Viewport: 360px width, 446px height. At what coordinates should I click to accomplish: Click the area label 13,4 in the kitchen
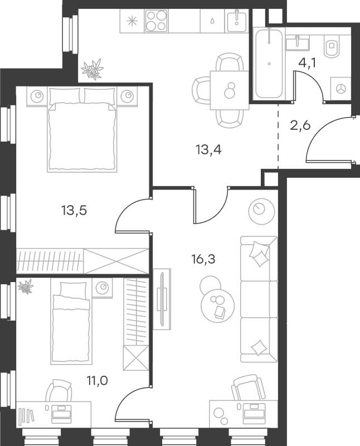pos(208,149)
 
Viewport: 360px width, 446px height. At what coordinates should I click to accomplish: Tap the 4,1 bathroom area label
pos(307,63)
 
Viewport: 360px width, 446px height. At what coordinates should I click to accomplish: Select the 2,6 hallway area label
pos(300,125)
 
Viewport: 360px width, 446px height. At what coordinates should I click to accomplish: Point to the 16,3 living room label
pos(203,259)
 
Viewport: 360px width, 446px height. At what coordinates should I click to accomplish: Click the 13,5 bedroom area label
pos(74,211)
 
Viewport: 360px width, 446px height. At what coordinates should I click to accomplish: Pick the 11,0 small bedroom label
pos(98,380)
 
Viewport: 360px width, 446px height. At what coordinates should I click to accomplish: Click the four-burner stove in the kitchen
pos(156,21)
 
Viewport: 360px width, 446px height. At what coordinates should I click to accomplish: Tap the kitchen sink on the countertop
pos(236,21)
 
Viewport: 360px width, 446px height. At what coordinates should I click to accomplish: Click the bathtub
pos(269,63)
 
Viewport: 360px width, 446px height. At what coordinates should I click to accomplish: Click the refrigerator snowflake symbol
pos(132,21)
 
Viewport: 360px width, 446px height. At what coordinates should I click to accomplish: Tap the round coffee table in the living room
pos(217,306)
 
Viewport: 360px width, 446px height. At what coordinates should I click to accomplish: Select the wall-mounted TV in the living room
pos(162,299)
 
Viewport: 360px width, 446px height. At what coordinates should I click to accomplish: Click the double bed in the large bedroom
pos(82,130)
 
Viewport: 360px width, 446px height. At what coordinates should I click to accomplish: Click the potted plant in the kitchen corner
pos(91,69)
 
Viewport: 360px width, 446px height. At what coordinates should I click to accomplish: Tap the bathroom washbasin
pos(297,43)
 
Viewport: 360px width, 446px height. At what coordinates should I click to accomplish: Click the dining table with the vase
pos(230,90)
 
